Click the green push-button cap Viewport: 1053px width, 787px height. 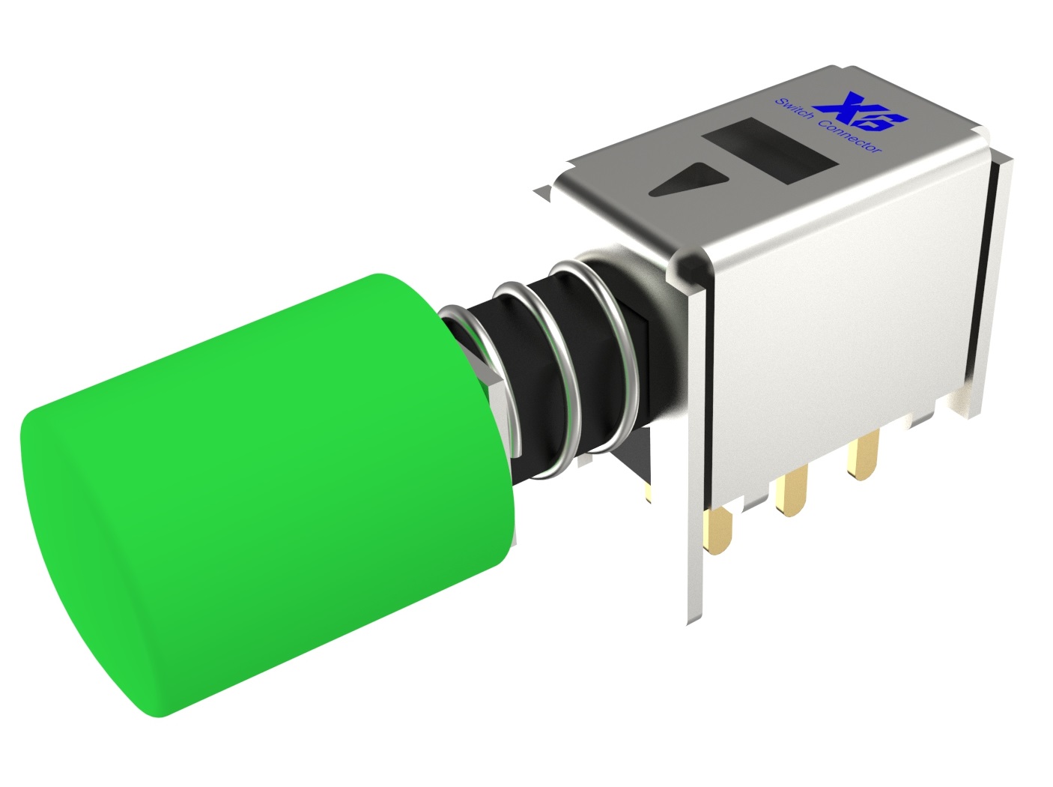pos(269,494)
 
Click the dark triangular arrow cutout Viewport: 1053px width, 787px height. pos(688,180)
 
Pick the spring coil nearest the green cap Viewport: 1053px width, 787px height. pos(480,379)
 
